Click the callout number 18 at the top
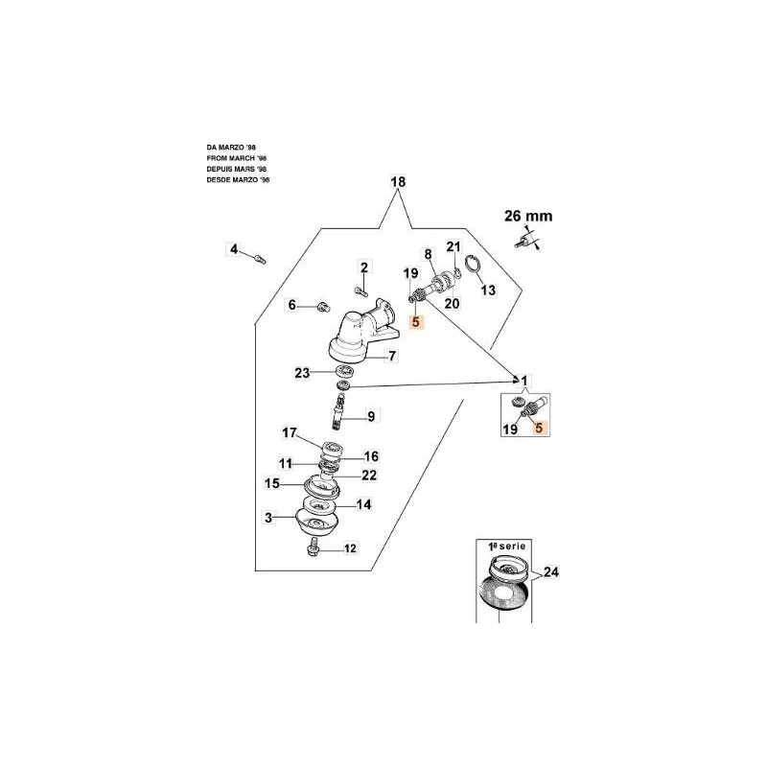click(x=398, y=181)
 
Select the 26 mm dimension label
click(x=528, y=216)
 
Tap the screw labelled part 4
click(x=260, y=258)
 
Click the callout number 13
click(x=488, y=291)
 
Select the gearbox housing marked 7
click(x=362, y=334)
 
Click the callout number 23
click(x=302, y=373)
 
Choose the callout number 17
click(x=290, y=433)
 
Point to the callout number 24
click(x=550, y=571)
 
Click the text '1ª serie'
click(x=507, y=546)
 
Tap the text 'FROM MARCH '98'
click(x=236, y=158)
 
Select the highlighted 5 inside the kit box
click(x=539, y=428)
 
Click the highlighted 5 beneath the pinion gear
click(x=416, y=322)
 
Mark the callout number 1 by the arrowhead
click(x=524, y=381)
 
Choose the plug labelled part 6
click(x=322, y=308)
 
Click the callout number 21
click(x=453, y=246)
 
